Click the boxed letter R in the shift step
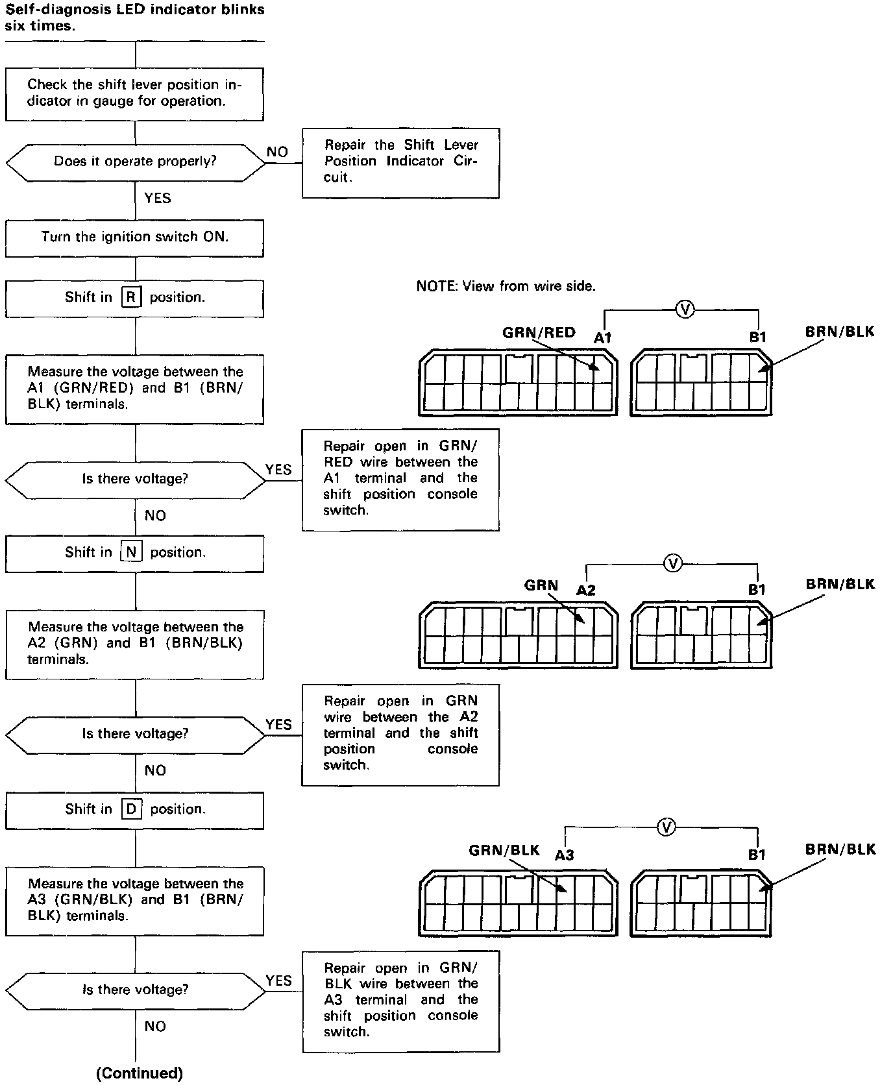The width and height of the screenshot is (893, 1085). [131, 297]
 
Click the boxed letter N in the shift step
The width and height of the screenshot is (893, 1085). [131, 552]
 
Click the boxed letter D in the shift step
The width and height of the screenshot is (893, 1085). [131, 809]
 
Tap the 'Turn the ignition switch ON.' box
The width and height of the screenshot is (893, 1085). [134, 238]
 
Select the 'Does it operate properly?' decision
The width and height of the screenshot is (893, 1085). [135, 162]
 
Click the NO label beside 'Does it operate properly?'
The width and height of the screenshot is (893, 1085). [277, 152]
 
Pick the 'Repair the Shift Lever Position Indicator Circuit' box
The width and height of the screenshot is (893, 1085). [400, 162]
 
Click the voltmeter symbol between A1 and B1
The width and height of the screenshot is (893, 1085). [684, 310]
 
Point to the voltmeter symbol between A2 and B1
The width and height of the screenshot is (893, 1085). [673, 563]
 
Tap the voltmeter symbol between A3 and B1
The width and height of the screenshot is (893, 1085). [666, 827]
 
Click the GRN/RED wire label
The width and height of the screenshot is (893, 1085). [539, 333]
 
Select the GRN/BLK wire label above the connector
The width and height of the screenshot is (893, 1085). [504, 850]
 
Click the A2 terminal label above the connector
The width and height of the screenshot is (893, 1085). [586, 590]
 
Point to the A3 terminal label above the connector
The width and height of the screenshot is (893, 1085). [564, 855]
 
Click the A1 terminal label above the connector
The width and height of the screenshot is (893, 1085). [603, 337]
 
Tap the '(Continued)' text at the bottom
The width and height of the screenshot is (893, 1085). [140, 1073]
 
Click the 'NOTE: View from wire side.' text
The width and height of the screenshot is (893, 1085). [506, 286]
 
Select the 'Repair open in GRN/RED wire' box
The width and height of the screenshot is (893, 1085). [400, 479]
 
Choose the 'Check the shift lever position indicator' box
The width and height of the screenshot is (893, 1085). [134, 93]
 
